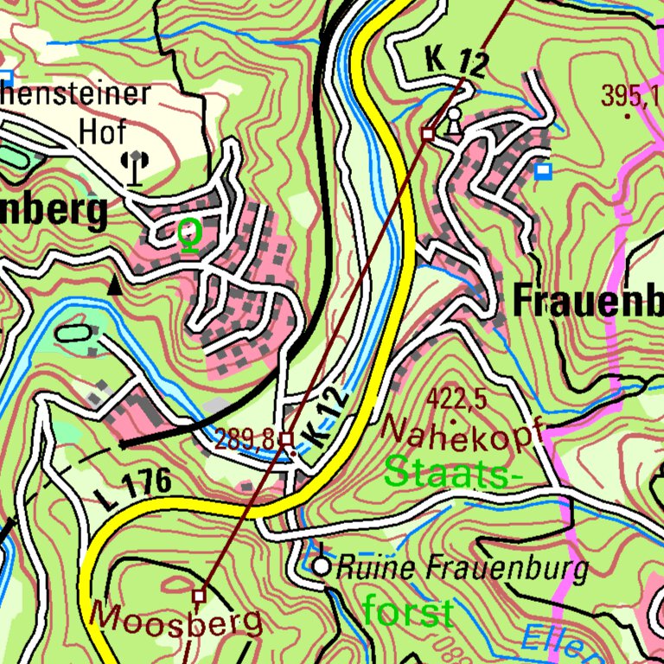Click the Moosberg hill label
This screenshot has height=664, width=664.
pos(176,618)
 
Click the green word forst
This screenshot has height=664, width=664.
pos(407,612)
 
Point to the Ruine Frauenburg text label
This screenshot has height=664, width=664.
pos(462,568)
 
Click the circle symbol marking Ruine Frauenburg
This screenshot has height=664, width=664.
pos(322,567)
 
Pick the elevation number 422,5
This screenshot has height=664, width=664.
pos(456,399)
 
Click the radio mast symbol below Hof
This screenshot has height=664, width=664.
pos(134,167)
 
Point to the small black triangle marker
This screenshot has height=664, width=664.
pos(114,285)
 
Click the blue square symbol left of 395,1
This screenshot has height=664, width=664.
pos(542,171)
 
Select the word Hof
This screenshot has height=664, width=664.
pos(103,131)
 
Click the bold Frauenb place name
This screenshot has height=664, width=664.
pos(587,301)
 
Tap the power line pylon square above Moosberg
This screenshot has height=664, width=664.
pos(199,596)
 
